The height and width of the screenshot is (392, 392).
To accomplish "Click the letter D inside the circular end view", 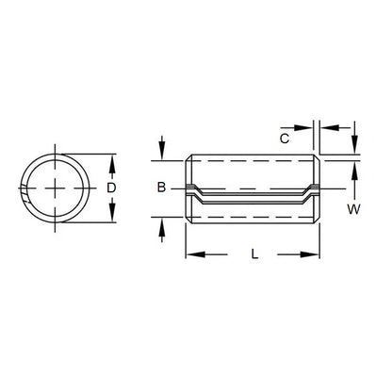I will pos(112,188).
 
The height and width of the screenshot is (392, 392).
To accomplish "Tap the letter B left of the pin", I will pos(162,189).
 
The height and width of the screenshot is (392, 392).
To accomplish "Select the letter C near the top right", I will pos(285,139).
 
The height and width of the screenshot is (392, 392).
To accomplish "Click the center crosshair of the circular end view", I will pos(59,188).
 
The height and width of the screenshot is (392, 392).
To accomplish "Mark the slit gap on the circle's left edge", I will pos(24,195).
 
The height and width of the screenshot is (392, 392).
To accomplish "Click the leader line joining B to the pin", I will pos(178,189).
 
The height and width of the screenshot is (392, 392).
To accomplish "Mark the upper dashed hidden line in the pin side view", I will pos(250,169).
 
